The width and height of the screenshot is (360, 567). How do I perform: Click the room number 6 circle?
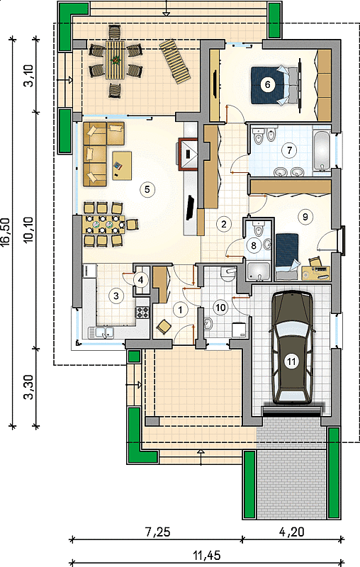[267, 84]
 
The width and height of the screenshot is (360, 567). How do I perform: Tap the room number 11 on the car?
[291, 361]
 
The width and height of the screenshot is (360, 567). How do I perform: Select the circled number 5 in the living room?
[147, 189]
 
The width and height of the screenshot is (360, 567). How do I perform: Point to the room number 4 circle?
[140, 279]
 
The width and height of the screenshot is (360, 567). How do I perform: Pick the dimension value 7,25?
[157, 532]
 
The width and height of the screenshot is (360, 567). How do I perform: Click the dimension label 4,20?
[292, 532]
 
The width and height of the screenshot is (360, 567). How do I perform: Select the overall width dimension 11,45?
[206, 555]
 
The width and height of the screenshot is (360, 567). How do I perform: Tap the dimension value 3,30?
[29, 386]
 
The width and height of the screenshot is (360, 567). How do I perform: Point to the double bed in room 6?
[276, 85]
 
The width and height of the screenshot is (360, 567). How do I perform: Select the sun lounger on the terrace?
[175, 62]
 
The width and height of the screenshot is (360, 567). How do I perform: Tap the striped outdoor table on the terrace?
[115, 60]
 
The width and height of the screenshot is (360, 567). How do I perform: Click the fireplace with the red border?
[187, 154]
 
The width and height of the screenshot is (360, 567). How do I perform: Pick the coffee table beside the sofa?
[122, 166]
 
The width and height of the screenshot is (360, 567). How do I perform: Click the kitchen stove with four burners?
[142, 312]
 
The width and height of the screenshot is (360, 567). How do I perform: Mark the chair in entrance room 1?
[164, 327]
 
